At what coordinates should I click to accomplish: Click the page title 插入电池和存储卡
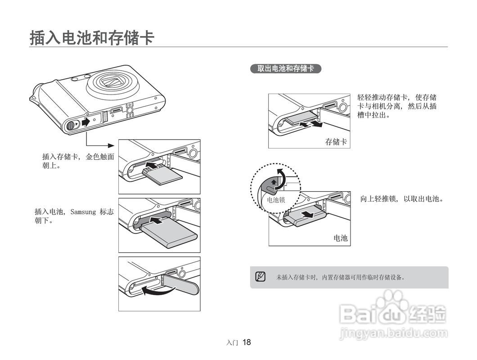click(92, 38)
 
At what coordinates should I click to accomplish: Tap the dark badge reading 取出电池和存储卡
click(286, 68)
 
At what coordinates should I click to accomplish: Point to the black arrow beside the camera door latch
click(86, 121)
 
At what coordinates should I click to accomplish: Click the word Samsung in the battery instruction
click(83, 212)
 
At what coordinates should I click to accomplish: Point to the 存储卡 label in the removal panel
click(336, 141)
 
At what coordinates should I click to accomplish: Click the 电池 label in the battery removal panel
click(340, 238)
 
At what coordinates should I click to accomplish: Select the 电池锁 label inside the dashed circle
click(276, 200)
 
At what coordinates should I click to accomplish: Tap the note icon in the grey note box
click(260, 277)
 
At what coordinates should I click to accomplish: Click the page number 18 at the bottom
click(247, 342)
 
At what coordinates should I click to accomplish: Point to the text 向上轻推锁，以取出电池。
click(402, 199)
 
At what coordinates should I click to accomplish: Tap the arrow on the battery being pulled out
click(307, 215)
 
